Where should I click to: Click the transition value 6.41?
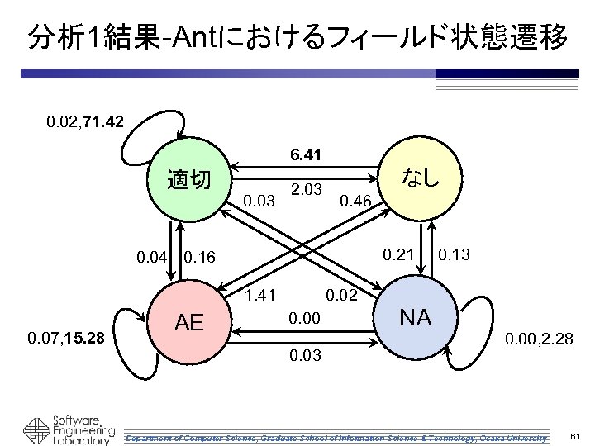(x=305, y=154)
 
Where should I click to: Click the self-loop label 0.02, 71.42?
(x=86, y=122)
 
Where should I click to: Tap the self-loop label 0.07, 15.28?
(x=65, y=337)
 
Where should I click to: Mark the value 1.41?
(x=261, y=295)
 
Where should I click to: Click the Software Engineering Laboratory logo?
(x=69, y=427)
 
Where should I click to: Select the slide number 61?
(x=576, y=435)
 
